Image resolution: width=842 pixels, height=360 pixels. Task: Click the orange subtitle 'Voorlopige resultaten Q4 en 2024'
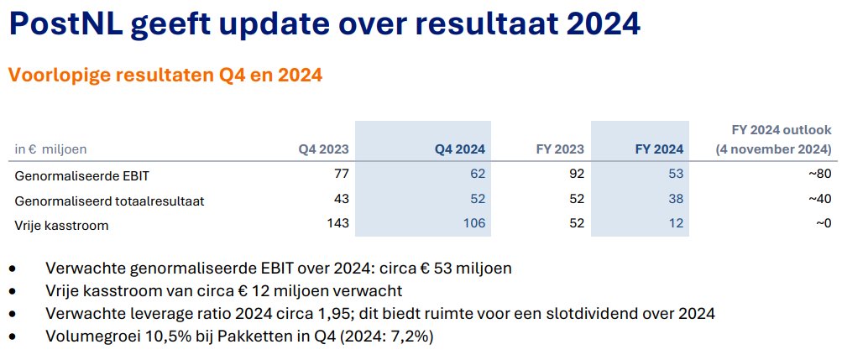165,76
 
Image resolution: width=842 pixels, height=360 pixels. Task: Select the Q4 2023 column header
323,149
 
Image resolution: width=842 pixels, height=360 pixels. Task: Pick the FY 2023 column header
560,149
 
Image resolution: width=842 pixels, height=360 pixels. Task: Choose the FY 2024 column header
659,149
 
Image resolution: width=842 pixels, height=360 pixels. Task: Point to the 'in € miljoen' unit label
51,149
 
